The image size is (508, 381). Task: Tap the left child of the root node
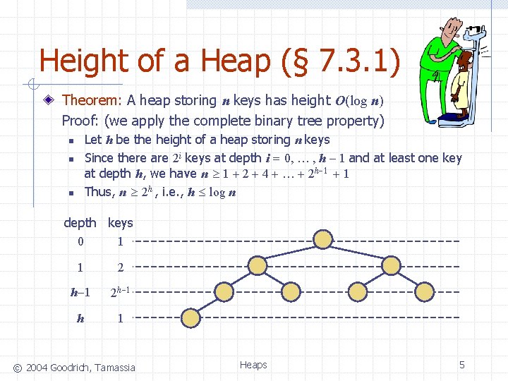[255, 266]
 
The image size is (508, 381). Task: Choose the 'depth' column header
[80, 223]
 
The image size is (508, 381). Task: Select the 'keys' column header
[120, 223]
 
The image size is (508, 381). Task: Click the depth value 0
[80, 242]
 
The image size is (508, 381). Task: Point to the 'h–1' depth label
[80, 292]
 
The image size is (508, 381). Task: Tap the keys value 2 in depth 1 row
[121, 268]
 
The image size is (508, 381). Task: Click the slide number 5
[462, 365]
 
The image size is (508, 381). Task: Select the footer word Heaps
[253, 365]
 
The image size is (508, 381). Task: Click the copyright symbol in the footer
[18, 367]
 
